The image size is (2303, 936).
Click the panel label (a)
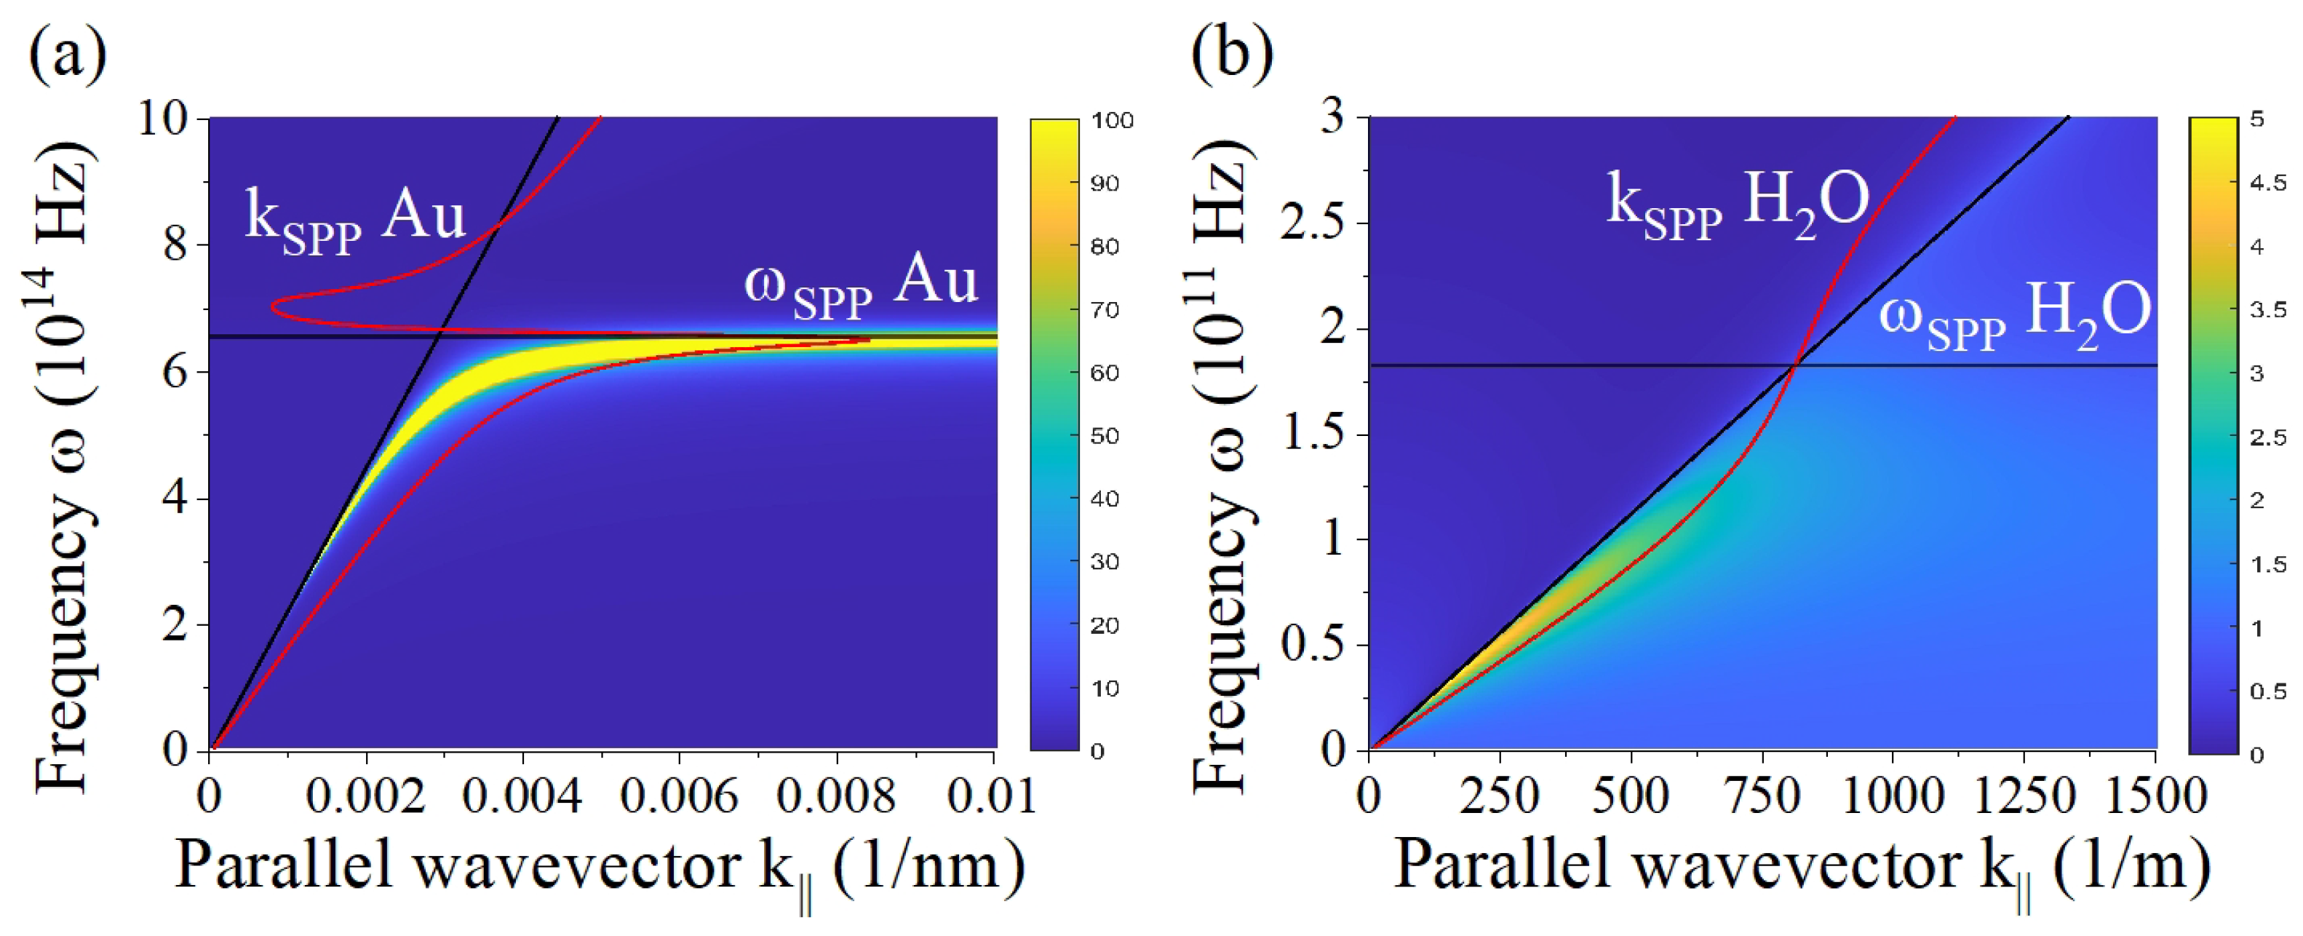pyautogui.click(x=68, y=55)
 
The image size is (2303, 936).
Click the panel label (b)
pyautogui.click(x=1232, y=55)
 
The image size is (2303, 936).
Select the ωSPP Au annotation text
pyautogui.click(x=861, y=286)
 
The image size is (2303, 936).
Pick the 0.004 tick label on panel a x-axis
pyautogui.click(x=522, y=795)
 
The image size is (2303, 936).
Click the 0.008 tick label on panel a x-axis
pyautogui.click(x=836, y=795)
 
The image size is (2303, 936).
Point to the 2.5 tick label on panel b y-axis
pyautogui.click(x=1311, y=223)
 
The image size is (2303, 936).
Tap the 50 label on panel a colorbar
pyautogui.click(x=1105, y=436)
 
